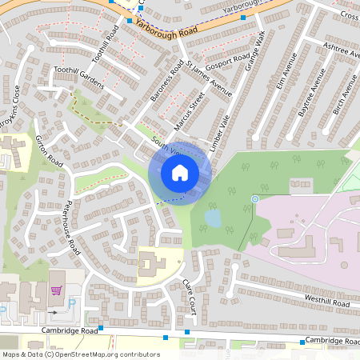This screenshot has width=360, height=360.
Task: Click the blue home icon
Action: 180,172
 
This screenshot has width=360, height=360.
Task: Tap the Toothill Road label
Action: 106,43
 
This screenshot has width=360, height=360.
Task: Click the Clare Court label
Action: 190,293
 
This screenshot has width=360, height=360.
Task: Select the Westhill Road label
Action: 327,302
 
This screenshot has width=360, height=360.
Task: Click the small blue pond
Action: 212,218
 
